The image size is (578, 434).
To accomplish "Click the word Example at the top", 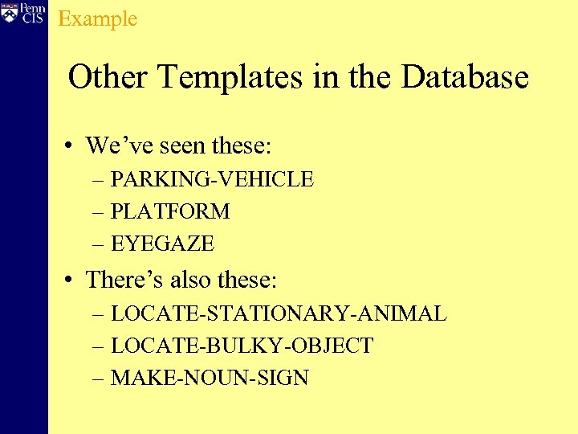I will (x=98, y=18).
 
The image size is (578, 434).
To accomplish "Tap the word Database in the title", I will (x=465, y=78).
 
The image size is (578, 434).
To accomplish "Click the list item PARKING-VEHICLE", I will (x=212, y=179).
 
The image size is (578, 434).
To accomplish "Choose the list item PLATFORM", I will (x=170, y=211).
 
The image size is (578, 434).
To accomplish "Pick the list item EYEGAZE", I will (x=162, y=243).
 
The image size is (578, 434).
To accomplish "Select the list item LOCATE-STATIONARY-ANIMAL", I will (x=279, y=313).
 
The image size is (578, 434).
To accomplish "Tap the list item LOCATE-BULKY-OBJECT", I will (x=242, y=346).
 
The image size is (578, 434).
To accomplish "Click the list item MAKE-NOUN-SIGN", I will (x=210, y=378).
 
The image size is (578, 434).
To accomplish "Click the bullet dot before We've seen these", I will (x=71, y=146).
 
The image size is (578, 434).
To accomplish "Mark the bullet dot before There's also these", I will (x=71, y=280).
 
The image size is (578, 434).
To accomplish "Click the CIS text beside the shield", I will (x=33, y=18).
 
